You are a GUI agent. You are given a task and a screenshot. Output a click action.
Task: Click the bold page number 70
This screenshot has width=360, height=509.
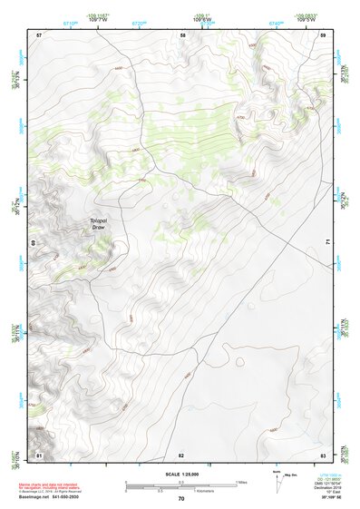[181, 499]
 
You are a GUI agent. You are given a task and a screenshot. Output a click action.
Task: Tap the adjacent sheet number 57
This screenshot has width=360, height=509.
[39, 34]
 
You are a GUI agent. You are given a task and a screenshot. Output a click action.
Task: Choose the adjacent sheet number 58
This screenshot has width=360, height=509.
[182, 34]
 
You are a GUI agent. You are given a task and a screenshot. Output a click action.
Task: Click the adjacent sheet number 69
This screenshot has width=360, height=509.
[34, 243]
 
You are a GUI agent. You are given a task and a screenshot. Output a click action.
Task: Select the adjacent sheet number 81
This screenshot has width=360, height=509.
[39, 454]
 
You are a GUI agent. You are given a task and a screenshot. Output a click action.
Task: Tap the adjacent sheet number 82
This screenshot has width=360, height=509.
[181, 454]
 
